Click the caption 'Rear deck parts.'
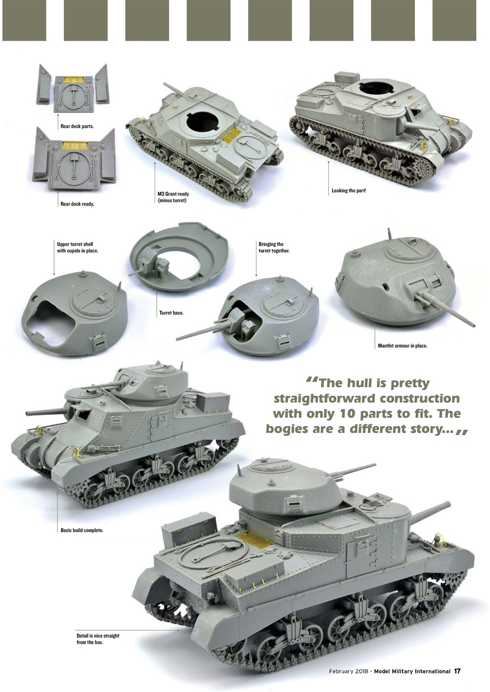[x=77, y=126]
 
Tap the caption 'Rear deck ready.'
[x=77, y=204]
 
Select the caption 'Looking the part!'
[x=349, y=191]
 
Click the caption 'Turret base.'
[x=171, y=313]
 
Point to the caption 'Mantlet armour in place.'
[x=402, y=345]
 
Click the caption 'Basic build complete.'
[x=82, y=530]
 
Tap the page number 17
[x=457, y=671]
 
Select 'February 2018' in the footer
[x=348, y=671]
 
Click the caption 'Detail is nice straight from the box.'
[x=98, y=639]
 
